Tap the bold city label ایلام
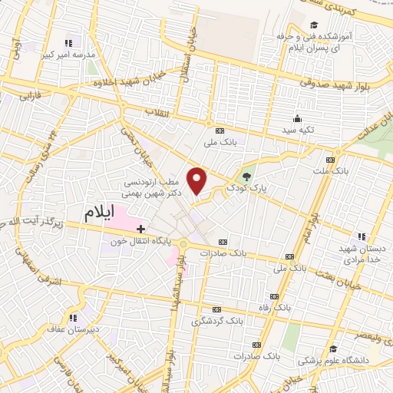pyautogui.click(x=104, y=210)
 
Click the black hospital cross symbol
pyautogui.click(x=140, y=228)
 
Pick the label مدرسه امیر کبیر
pyautogui.click(x=68, y=56)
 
